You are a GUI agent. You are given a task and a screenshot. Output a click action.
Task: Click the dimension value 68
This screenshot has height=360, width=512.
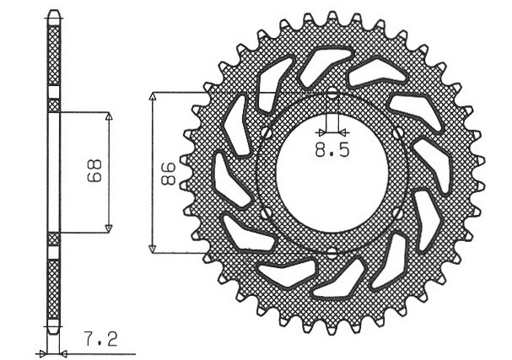point(95,172)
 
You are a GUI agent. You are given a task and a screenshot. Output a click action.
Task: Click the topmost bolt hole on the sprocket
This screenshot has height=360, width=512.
point(331,94)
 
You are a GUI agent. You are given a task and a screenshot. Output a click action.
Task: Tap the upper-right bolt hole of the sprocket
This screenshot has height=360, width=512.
point(397,133)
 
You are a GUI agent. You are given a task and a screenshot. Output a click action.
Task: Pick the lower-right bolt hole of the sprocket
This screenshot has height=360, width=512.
point(397,212)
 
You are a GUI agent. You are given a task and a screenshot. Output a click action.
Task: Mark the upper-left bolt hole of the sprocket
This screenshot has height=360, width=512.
point(265,133)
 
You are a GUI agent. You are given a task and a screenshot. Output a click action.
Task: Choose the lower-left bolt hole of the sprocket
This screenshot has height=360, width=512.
point(265,212)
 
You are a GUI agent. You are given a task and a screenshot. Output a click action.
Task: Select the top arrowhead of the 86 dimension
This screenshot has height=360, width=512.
point(153,97)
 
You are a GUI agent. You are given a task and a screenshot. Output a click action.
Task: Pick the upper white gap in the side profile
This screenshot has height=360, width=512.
point(54,94)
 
